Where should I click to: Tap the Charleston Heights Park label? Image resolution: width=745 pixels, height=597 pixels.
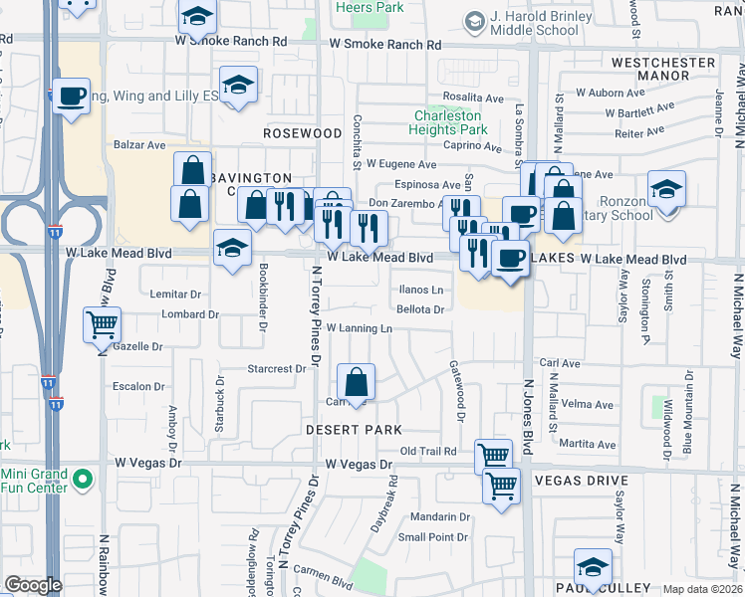[450, 122]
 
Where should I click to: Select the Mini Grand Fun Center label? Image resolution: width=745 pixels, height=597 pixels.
[34, 481]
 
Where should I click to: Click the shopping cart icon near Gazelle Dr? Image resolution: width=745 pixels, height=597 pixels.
[103, 324]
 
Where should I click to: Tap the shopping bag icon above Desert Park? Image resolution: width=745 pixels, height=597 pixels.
[356, 381]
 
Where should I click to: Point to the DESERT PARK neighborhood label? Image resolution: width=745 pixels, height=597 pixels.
[354, 430]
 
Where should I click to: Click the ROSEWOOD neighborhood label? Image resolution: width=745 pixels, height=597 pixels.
[303, 132]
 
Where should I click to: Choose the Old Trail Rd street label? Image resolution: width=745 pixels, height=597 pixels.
[428, 452]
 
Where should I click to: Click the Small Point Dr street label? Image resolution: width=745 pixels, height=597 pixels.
[433, 537]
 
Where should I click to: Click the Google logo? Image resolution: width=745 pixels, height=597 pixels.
[33, 585]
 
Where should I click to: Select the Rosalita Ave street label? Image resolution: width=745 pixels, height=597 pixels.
[474, 99]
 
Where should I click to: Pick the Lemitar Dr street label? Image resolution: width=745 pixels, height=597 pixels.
[175, 295]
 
